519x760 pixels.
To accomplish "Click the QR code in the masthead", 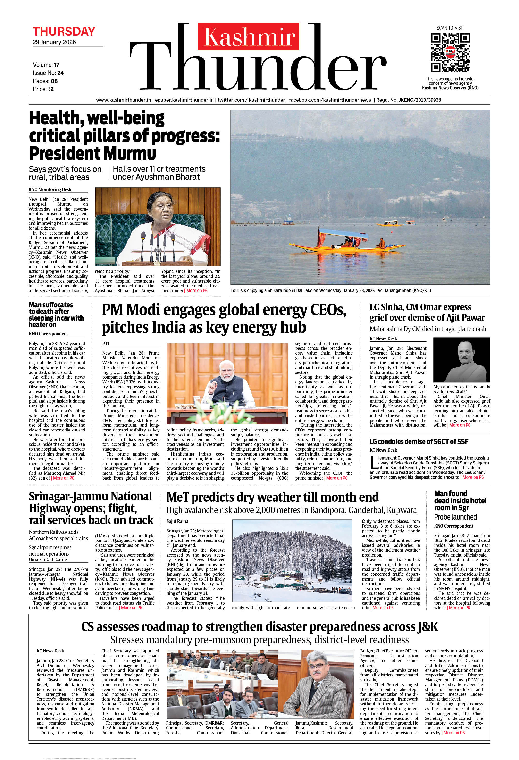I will [450, 52].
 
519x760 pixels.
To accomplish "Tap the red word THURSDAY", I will [64, 32].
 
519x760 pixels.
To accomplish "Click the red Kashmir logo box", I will [248, 37].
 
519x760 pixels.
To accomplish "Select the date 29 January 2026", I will [54, 42].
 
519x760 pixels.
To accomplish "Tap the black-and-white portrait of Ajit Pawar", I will [461, 360].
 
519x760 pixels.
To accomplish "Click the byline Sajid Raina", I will [178, 521].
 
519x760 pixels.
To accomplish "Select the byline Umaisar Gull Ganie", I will [48, 559].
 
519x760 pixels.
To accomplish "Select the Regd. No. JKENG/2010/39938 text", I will [409, 100].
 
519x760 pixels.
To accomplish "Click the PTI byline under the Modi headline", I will [105, 343].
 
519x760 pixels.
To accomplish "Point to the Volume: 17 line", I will [46, 65].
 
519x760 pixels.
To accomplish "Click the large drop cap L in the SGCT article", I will [373, 463].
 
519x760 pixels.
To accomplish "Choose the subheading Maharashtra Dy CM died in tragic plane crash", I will [428, 329].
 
